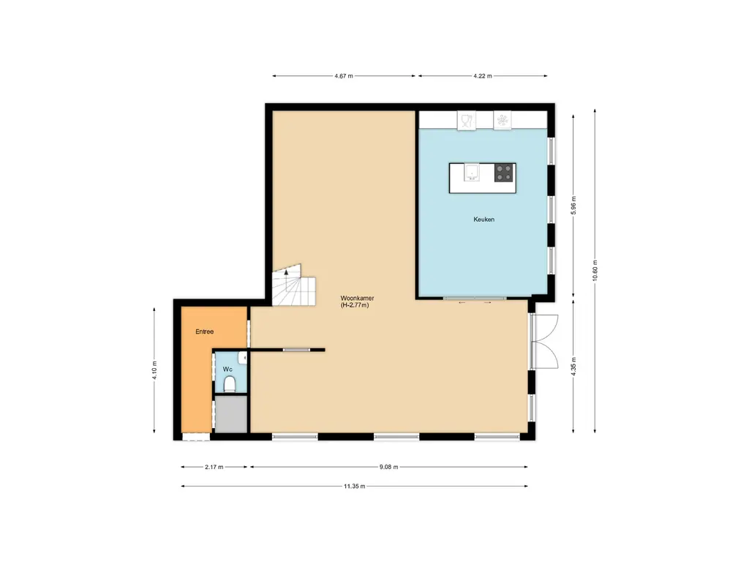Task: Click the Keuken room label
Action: [x=483, y=219]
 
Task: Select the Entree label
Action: [x=204, y=331]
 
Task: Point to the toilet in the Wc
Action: [x=230, y=386]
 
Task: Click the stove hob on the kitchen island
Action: [x=503, y=173]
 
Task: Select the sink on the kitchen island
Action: [x=473, y=173]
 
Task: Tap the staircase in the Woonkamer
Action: [x=293, y=285]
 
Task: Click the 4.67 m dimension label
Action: [x=343, y=75]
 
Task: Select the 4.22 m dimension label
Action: [x=483, y=75]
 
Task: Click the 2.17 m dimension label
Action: [x=214, y=467]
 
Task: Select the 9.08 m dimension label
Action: [x=388, y=467]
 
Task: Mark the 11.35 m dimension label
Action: [x=355, y=485]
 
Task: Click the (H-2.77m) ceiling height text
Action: [x=355, y=305]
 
